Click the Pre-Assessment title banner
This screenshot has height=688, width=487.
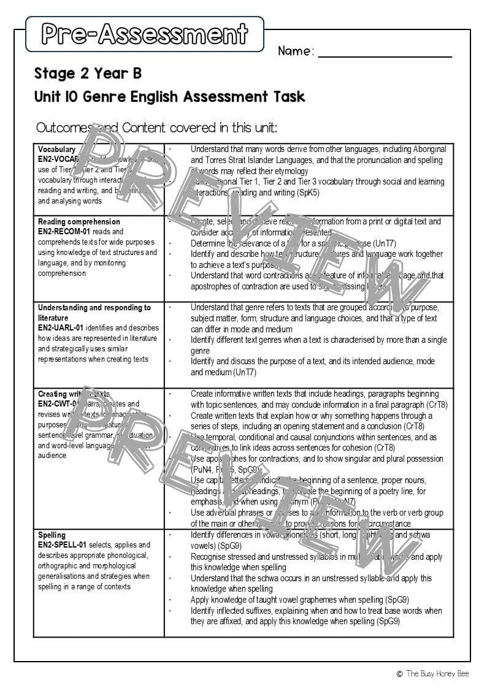point(145,34)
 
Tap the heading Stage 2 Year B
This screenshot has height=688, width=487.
point(88,74)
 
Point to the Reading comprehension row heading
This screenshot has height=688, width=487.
point(79,221)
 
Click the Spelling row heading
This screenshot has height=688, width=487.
point(52,535)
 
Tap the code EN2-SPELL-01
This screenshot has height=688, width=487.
point(64,545)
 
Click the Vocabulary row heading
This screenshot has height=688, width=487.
point(56,149)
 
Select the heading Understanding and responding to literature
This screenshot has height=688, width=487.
point(94,312)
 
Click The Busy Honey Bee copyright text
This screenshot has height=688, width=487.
point(434,673)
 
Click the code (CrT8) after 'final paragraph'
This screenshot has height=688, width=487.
point(437,405)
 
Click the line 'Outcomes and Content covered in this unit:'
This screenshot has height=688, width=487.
point(156,128)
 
